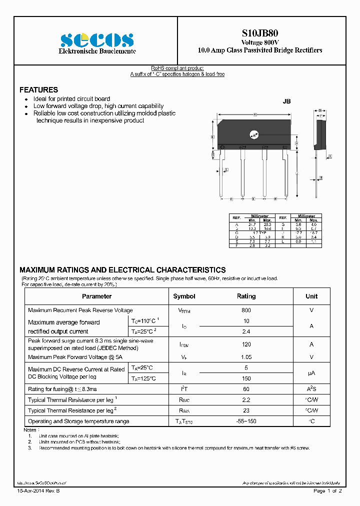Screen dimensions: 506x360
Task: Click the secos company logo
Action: coord(97,39)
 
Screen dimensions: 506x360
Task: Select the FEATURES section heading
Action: coord(38,90)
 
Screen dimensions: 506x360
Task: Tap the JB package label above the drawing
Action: coord(286,101)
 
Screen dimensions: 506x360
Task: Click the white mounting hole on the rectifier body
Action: coord(254,134)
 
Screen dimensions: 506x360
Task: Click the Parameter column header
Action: coord(96,296)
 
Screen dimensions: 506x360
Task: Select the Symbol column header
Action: coord(184,296)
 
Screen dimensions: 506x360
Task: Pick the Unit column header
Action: coord(311,296)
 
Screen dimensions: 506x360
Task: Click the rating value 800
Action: coord(246,310)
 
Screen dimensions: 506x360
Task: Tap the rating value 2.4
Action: coord(246,331)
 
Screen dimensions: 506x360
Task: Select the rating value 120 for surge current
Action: coord(246,344)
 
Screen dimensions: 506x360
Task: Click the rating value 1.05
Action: coord(246,357)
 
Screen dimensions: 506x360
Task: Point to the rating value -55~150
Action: coord(246,421)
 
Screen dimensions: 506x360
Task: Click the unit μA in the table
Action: coord(311,373)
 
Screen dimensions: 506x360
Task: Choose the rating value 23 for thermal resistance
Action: coord(246,410)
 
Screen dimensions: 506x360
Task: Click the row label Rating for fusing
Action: coord(62,389)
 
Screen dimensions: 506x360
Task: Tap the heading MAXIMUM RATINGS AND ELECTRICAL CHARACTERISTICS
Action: coord(122,269)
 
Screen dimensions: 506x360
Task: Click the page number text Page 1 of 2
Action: coord(327,491)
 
